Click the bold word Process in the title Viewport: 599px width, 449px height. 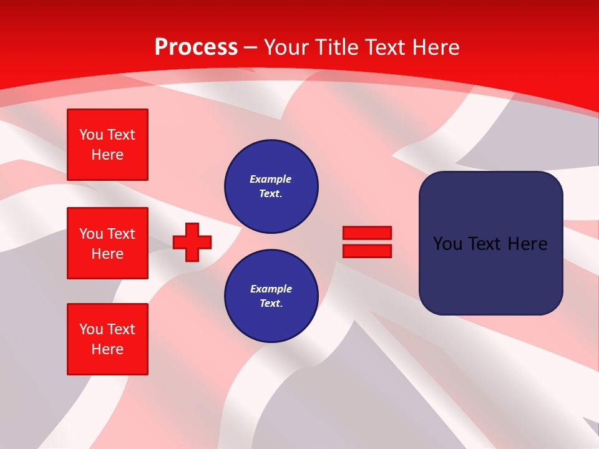click(196, 47)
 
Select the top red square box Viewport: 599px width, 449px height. click(107, 145)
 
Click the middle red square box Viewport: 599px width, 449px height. click(107, 243)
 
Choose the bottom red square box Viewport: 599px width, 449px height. click(107, 339)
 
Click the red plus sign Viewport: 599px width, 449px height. click(192, 242)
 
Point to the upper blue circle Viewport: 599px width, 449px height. click(271, 186)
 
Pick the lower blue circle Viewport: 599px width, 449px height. click(271, 296)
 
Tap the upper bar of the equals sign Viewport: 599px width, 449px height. click(367, 233)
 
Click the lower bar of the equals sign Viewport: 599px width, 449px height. click(367, 251)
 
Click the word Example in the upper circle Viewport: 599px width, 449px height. click(270, 179)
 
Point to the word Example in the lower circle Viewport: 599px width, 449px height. click(271, 289)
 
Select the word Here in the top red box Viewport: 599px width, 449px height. click(107, 155)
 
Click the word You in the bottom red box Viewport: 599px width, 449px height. click(91, 329)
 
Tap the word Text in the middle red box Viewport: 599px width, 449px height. click(121, 234)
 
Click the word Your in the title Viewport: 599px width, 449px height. click(288, 47)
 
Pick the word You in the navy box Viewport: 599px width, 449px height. click(447, 244)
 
